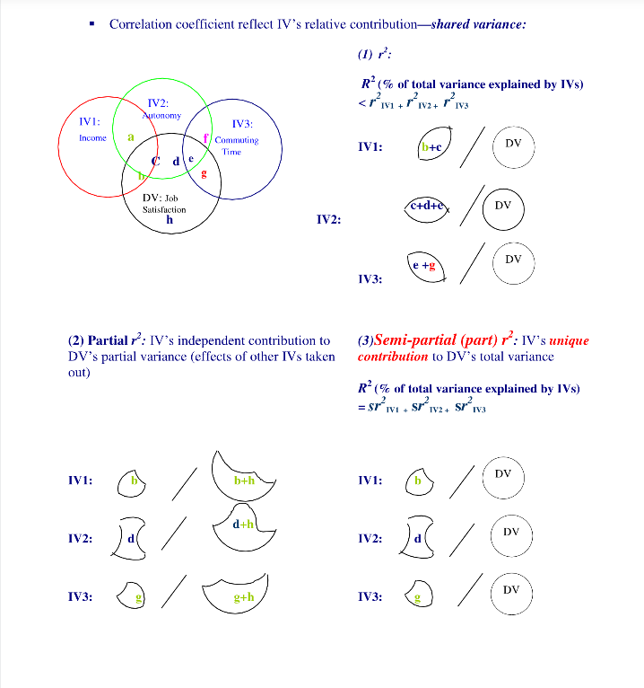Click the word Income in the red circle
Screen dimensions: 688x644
pos(92,137)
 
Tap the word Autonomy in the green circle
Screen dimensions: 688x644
pos(161,116)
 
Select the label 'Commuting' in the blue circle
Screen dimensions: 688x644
pos(237,140)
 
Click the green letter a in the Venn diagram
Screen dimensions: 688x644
pos(131,137)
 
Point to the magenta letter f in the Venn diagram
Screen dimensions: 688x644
pos(205,138)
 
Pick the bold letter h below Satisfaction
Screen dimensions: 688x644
pos(169,218)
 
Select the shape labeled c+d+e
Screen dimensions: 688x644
pos(427,206)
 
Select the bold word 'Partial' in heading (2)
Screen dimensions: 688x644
pos(109,341)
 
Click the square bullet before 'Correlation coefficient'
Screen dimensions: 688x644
pos(92,24)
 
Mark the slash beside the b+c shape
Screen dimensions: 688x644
pos(476,147)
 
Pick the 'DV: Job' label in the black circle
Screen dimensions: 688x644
pos(161,198)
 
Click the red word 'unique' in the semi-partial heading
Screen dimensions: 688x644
pos(569,341)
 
